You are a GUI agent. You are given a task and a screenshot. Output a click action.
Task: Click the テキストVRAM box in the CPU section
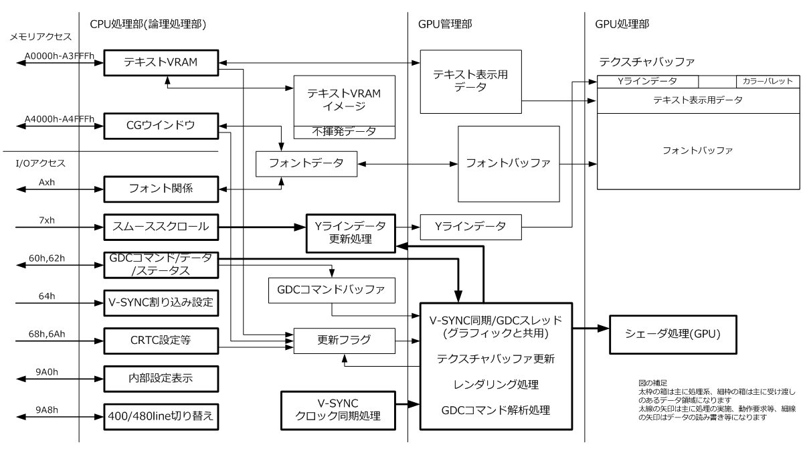tap(160, 63)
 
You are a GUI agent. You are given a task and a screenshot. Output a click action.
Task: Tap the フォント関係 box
tap(160, 188)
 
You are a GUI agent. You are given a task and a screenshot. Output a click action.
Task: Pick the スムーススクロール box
tap(160, 227)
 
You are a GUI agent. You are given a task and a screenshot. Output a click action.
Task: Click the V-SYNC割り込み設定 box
tap(160, 302)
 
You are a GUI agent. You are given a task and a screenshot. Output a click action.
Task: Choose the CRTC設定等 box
tap(160, 339)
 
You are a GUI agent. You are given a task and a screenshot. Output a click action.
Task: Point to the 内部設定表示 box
tap(160, 377)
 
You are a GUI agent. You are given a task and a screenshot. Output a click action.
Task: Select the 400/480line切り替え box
tap(160, 415)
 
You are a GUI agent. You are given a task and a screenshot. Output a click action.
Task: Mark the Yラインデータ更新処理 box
tap(351, 233)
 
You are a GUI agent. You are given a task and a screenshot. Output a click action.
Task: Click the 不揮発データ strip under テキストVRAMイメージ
tap(345, 132)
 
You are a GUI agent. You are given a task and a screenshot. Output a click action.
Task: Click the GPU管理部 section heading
tap(444, 23)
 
